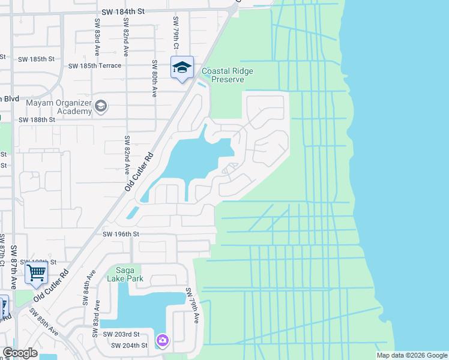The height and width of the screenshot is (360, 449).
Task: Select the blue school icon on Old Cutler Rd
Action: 181,67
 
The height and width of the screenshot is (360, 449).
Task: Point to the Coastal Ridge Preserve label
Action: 228,75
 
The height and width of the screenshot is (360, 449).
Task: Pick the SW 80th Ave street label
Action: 154,79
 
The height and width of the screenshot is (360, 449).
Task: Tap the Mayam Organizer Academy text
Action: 58,106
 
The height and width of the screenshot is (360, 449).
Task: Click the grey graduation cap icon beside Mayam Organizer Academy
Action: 101,106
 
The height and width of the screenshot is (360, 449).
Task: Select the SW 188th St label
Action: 37,119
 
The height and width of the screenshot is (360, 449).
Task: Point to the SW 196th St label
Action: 121,234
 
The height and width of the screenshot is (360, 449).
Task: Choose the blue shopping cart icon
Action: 36,273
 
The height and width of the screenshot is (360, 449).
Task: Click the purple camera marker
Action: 162,341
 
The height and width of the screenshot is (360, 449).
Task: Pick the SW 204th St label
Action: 130,345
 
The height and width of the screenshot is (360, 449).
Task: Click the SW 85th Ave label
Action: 46,325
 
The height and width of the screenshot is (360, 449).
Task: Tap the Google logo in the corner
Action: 20,353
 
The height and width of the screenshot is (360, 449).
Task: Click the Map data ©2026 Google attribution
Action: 412,355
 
